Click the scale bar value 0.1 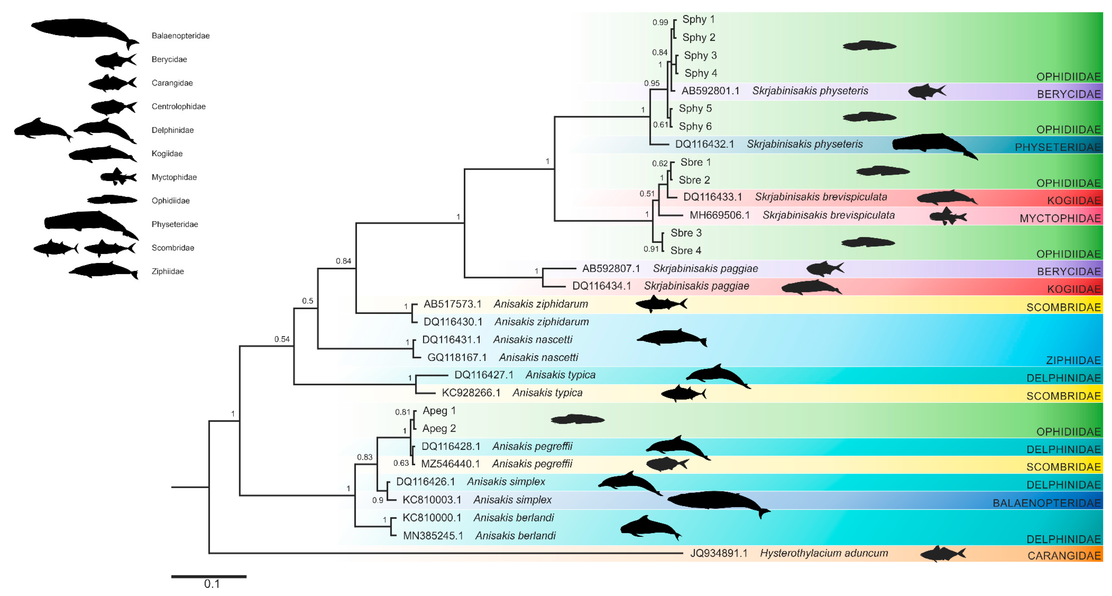pyautogui.click(x=212, y=584)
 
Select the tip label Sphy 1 pyautogui.click(x=698, y=19)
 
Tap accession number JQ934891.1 pyautogui.click(x=719, y=553)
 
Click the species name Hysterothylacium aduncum pyautogui.click(x=824, y=553)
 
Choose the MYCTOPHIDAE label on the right pyautogui.click(x=1060, y=219)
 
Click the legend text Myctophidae pyautogui.click(x=174, y=177)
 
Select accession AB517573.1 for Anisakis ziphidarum pyautogui.click(x=452, y=304)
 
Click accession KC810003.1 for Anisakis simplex pyautogui.click(x=432, y=500)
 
